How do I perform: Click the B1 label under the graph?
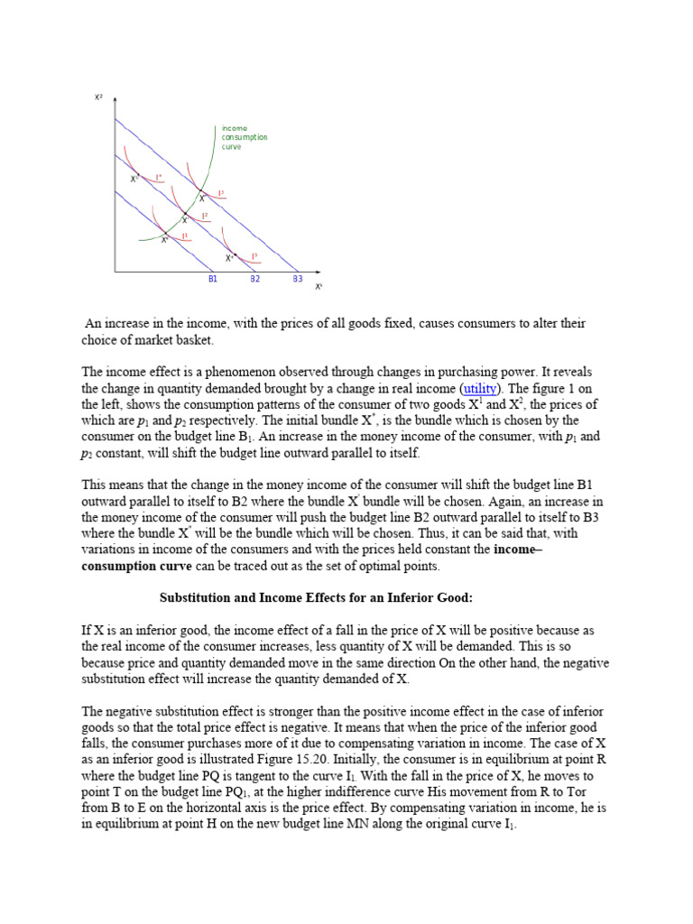213,280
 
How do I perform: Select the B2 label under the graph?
255,280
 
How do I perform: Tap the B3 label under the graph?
297,280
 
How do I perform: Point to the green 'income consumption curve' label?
244,137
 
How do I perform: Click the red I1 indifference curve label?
184,236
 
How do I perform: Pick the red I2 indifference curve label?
206,216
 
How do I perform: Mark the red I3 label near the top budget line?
221,193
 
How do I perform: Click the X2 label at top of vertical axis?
99,97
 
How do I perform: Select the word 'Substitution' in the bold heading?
198,597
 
